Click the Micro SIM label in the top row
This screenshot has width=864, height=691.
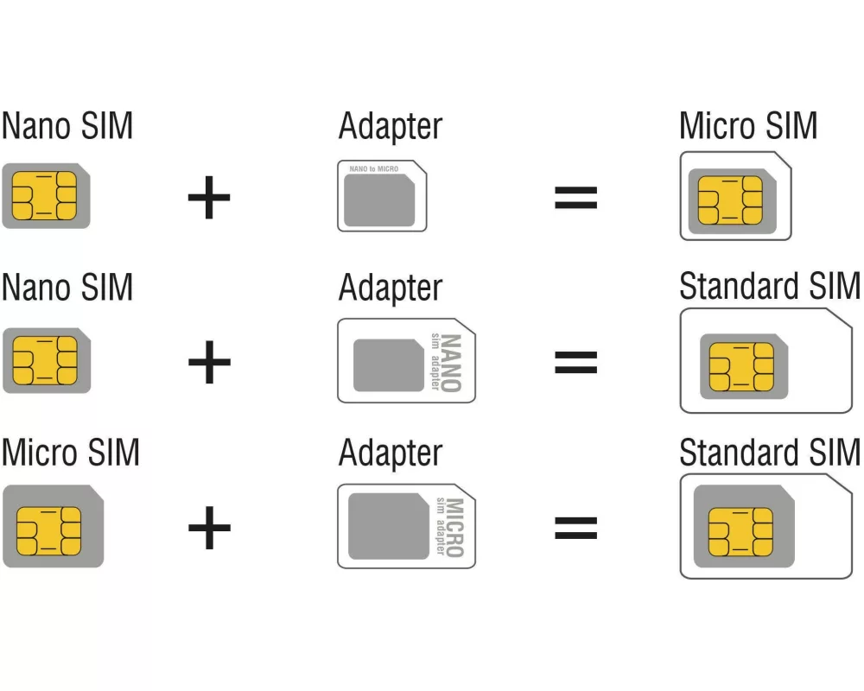tap(748, 126)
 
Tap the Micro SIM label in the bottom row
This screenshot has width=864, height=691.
tap(70, 453)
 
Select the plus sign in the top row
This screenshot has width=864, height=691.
tap(209, 198)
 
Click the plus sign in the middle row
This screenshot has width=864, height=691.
tap(209, 362)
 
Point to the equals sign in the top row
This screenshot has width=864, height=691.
tap(575, 198)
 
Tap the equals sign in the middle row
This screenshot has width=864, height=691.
tap(575, 362)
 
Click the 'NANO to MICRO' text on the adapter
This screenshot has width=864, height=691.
tap(373, 169)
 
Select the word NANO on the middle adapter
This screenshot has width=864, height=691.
tap(452, 362)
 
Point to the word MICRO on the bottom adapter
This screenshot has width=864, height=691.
tap(454, 527)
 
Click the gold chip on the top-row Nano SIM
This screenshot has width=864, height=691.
tap(44, 196)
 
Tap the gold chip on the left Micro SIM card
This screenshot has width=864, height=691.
tap(48, 529)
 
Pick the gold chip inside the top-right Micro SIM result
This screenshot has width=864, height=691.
tap(730, 200)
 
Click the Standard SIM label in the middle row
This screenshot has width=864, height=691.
tap(770, 287)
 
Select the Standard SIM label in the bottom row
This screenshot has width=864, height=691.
tap(770, 453)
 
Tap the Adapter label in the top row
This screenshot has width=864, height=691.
tap(390, 127)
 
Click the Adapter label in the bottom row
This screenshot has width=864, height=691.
tap(390, 453)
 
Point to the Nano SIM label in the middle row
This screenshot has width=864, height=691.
tap(67, 287)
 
